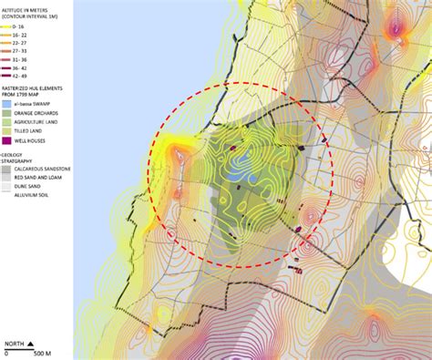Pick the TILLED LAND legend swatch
tap(7, 133)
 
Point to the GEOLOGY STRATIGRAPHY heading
tap(22, 159)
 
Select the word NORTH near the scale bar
tap(13, 345)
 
